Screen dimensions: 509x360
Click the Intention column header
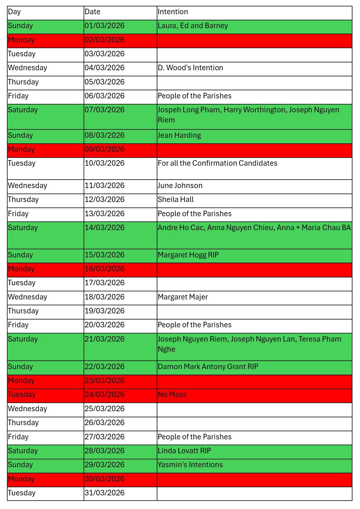click(x=173, y=12)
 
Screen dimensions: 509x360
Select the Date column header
click(x=92, y=12)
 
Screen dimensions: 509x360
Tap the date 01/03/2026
click(x=105, y=26)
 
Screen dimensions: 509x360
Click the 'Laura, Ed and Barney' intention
click(x=193, y=26)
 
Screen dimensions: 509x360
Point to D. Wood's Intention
click(x=190, y=68)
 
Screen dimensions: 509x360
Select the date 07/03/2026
click(x=105, y=110)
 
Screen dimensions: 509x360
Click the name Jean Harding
click(x=179, y=136)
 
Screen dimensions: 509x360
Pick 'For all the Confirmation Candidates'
click(x=217, y=163)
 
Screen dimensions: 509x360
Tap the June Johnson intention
click(x=180, y=186)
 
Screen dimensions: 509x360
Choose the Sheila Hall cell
click(x=176, y=200)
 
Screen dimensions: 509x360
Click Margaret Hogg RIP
click(x=188, y=255)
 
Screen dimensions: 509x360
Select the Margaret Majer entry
click(x=183, y=297)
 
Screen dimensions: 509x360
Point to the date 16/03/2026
click(x=105, y=269)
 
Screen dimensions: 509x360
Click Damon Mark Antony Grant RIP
click(x=208, y=367)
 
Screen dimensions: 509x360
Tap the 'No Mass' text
click(x=172, y=395)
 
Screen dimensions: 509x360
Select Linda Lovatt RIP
click(x=184, y=451)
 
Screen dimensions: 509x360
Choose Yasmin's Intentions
click(x=190, y=465)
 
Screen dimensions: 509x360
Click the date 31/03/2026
click(x=105, y=493)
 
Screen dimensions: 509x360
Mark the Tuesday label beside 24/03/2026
click(x=22, y=395)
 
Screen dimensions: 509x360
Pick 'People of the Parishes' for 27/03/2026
click(x=195, y=437)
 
